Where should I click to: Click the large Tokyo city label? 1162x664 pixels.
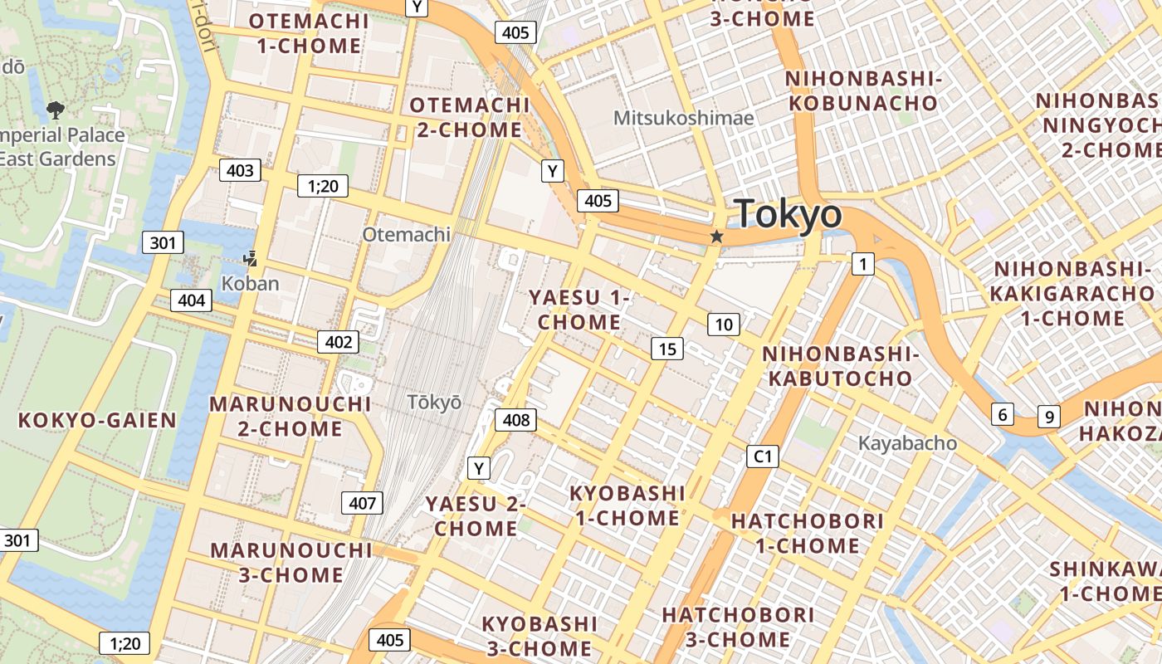click(x=788, y=214)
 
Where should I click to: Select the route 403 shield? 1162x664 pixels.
click(x=240, y=171)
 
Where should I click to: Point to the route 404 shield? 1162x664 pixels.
click(x=191, y=300)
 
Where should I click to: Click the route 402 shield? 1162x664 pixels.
click(x=338, y=341)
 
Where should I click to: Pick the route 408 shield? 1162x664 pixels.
click(x=515, y=420)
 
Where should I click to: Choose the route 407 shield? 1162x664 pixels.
click(x=362, y=502)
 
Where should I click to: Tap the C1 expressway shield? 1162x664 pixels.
click(x=762, y=456)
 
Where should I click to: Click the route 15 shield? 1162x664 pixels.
click(x=667, y=349)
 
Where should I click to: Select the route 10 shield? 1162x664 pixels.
click(x=724, y=325)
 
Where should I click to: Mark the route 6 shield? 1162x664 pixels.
click(x=1003, y=414)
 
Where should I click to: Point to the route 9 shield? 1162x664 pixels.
click(x=1049, y=416)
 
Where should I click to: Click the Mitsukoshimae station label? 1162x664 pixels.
click(x=683, y=118)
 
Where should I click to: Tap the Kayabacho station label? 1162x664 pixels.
click(x=907, y=443)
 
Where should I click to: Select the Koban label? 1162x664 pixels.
click(x=250, y=283)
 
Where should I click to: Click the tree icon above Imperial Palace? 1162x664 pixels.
click(x=55, y=109)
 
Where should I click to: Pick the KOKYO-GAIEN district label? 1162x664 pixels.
click(x=98, y=420)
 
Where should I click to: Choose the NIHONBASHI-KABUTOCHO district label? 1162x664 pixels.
click(x=840, y=366)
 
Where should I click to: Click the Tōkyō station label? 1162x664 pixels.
click(x=434, y=402)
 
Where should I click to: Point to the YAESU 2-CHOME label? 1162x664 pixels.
click(x=476, y=515)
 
